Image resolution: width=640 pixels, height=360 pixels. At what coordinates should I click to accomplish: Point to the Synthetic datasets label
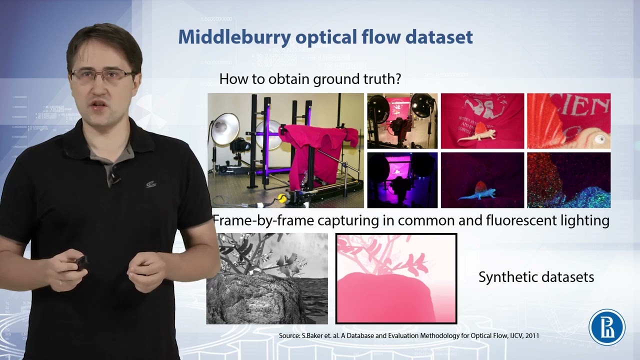(x=536, y=277)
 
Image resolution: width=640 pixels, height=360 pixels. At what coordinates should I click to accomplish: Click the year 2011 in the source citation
(x=531, y=335)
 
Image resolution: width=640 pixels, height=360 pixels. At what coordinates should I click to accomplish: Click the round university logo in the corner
(x=607, y=327)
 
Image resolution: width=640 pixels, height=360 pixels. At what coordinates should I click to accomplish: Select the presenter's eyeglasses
(x=102, y=76)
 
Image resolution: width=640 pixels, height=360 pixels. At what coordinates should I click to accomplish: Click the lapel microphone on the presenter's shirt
(x=115, y=177)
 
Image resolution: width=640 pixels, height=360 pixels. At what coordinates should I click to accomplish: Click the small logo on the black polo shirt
(x=151, y=184)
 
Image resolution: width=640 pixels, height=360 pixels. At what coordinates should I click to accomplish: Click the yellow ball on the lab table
(x=283, y=198)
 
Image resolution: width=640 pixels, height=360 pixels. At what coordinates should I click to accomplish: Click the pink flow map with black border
(x=396, y=278)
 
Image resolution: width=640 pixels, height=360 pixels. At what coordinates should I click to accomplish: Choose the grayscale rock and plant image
(x=267, y=278)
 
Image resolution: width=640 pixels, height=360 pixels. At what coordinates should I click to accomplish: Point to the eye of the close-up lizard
(x=600, y=139)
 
